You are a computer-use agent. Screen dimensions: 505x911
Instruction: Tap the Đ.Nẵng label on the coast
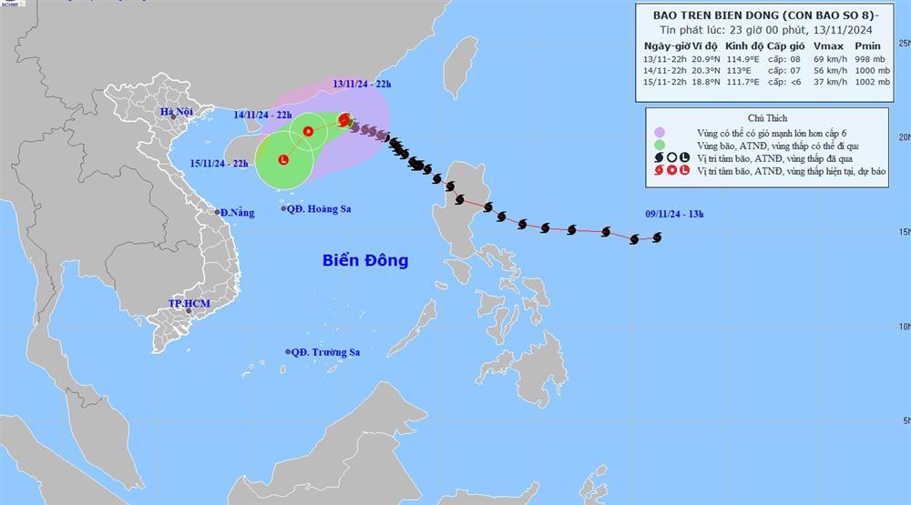coord(236,212)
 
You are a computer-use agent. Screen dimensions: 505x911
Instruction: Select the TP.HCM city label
coord(189,302)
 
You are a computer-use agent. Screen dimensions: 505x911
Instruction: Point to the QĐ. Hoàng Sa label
coord(319,208)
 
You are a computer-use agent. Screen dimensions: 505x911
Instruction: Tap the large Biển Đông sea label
coord(365,260)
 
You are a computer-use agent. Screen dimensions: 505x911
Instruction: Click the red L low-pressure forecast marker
coord(282,160)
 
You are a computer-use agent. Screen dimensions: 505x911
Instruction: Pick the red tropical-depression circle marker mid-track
coord(308,132)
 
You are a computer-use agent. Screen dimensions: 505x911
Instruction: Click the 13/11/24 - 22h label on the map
coord(362,84)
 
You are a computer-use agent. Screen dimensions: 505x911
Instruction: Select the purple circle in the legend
coord(659,131)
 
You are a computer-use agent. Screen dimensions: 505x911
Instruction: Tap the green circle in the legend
coord(659,144)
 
